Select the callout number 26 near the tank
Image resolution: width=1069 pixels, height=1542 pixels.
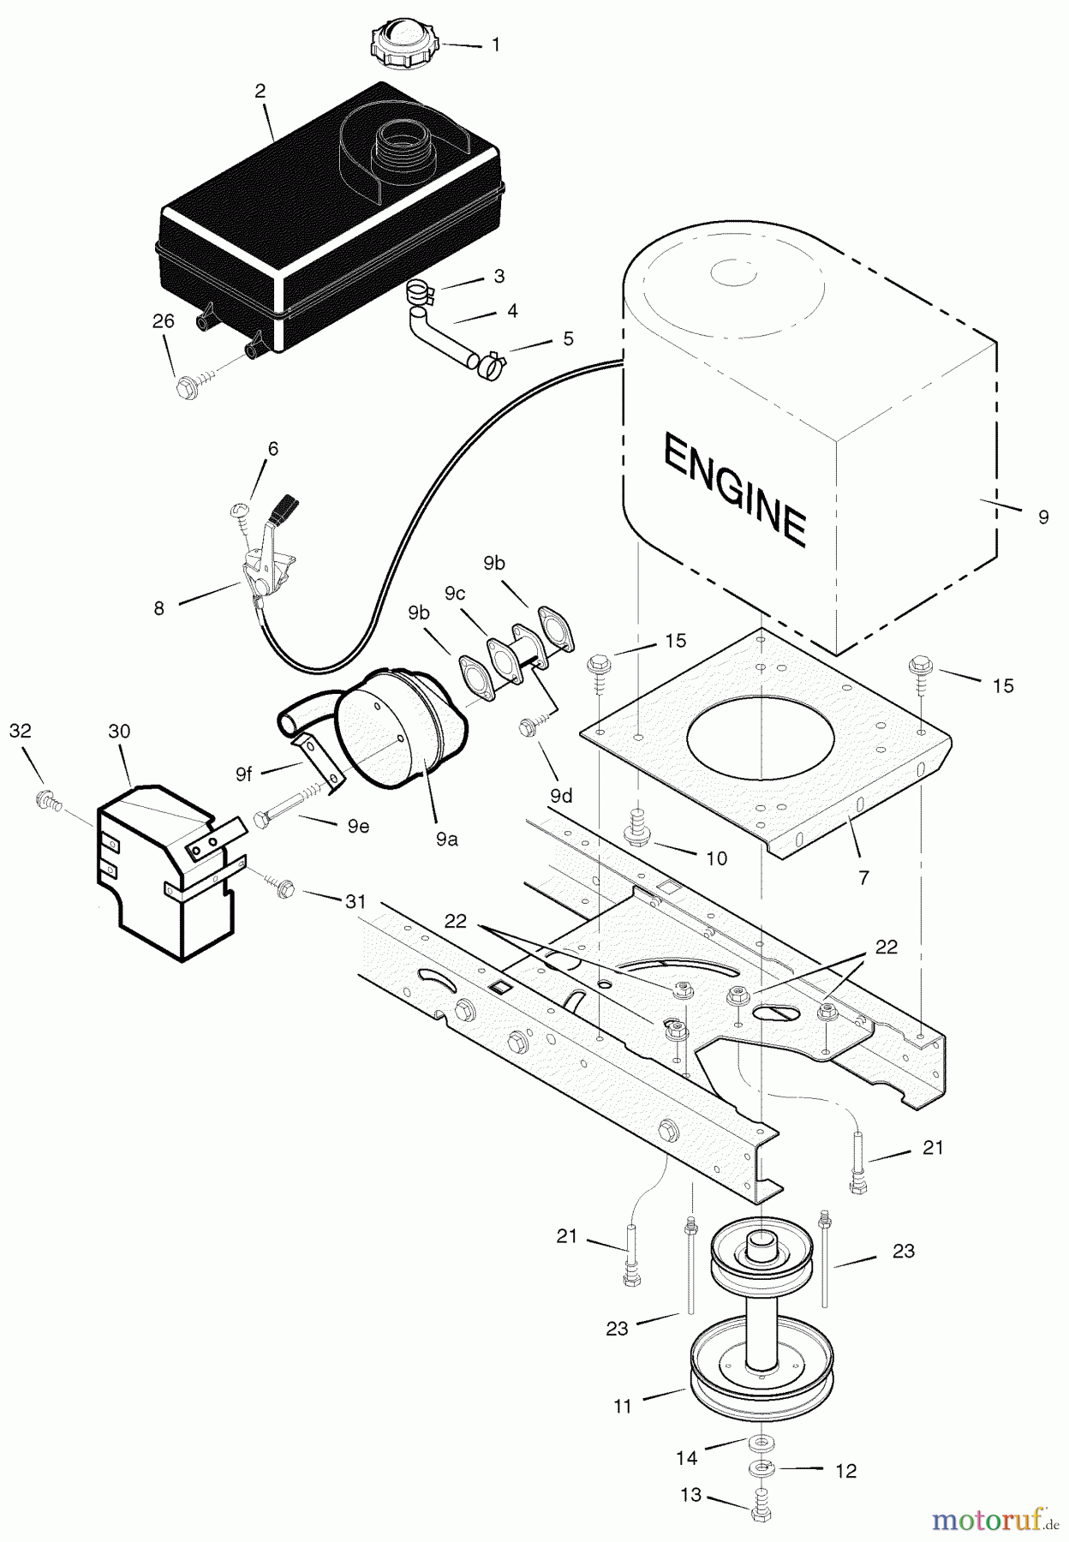click(x=163, y=321)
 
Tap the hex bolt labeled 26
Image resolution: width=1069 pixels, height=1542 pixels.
click(x=184, y=387)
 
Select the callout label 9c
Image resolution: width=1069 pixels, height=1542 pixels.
click(x=455, y=593)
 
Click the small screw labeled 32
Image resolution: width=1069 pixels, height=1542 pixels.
click(x=45, y=800)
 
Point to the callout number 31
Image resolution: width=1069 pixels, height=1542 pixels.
click(x=355, y=901)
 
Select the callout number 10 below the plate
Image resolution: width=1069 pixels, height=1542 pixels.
click(x=716, y=858)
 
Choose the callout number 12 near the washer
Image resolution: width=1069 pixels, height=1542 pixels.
click(x=845, y=1471)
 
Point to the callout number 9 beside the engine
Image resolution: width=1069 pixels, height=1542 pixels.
click(x=1042, y=517)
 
